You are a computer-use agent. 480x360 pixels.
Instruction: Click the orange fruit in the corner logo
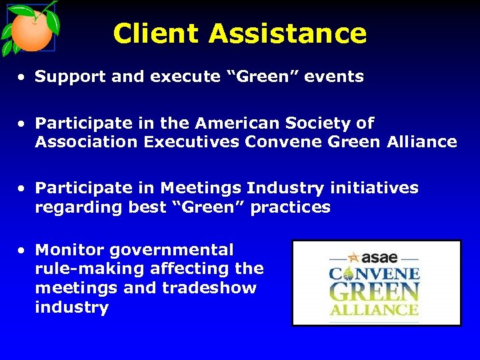pyautogui.click(x=30, y=31)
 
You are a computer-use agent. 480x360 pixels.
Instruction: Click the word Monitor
pyautogui.click(x=70, y=251)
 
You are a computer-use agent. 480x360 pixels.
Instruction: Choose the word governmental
pyautogui.click(x=172, y=251)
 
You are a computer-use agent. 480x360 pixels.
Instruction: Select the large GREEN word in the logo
pyautogui.click(x=375, y=292)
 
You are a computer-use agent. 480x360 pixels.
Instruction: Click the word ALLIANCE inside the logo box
pyautogui.click(x=375, y=310)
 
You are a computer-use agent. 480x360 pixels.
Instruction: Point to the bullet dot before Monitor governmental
pyautogui.click(x=23, y=251)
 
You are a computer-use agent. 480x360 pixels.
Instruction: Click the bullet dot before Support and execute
pyautogui.click(x=23, y=77)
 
